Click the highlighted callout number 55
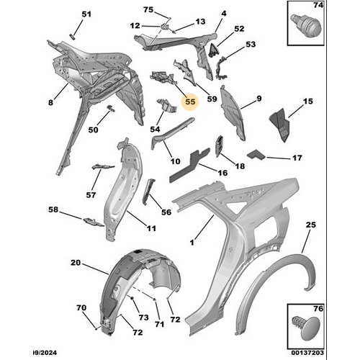click(190, 102)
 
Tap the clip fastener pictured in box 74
click(305, 26)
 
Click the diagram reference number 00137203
click(307, 353)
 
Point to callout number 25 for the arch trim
click(310, 225)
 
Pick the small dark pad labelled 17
click(256, 154)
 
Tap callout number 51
click(86, 14)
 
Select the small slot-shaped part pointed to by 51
click(72, 37)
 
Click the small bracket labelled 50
click(111, 108)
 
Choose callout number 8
click(50, 102)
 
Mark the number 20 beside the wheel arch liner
click(76, 263)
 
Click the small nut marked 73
click(132, 298)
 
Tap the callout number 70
click(81, 307)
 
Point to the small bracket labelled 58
click(94, 222)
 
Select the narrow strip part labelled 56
click(149, 192)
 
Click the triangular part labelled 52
click(213, 50)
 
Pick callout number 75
click(148, 10)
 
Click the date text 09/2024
click(45, 353)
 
